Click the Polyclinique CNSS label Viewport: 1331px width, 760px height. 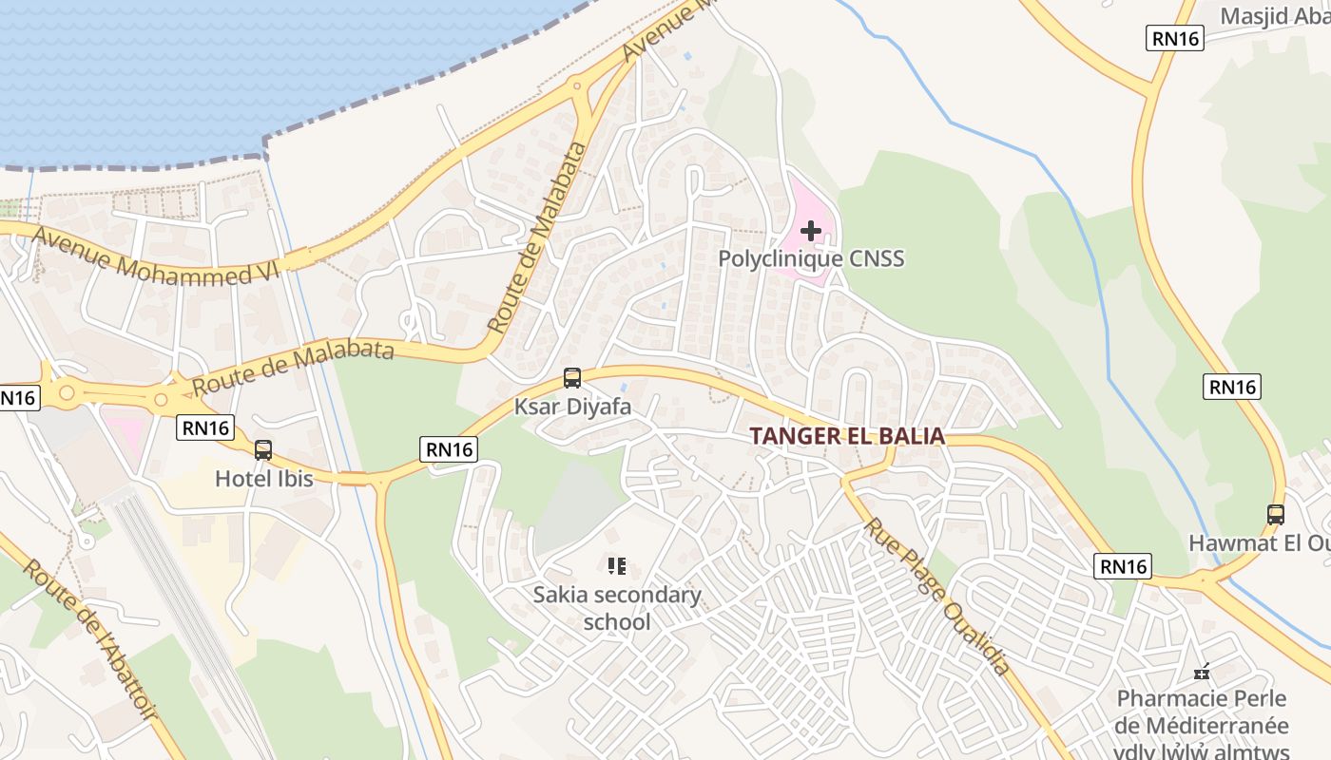[811, 258]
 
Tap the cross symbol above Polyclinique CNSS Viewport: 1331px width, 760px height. [811, 230]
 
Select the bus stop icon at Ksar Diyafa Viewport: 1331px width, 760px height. [572, 378]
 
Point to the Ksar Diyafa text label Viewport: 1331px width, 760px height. [572, 407]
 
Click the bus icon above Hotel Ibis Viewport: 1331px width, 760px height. [263, 450]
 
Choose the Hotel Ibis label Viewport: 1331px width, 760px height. [263, 479]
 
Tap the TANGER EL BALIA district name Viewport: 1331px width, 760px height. [847, 436]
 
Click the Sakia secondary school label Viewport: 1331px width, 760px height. [617, 608]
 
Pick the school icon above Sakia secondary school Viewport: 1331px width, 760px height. [617, 567]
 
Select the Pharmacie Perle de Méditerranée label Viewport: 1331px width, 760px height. [1203, 712]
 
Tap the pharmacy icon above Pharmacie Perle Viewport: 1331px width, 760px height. [1203, 672]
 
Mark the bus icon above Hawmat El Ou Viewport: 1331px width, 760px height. [1276, 515]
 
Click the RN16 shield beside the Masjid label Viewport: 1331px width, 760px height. [1176, 38]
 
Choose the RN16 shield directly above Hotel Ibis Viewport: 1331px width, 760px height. [205, 428]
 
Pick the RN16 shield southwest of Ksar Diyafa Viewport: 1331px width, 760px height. [450, 449]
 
